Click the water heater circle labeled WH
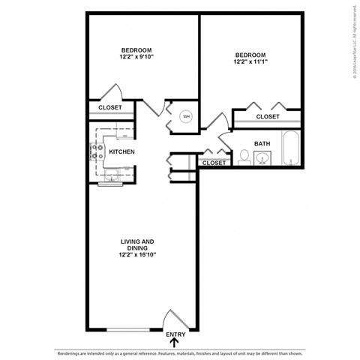point(187,116)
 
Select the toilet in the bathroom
point(244,157)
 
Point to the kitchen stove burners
point(97,152)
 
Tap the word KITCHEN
point(121,152)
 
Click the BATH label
point(262,143)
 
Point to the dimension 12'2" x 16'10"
point(137,254)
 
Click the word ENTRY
point(175,334)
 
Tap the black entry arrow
point(175,343)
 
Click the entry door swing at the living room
point(174,320)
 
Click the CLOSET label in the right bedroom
point(268,117)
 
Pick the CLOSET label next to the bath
point(214,163)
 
